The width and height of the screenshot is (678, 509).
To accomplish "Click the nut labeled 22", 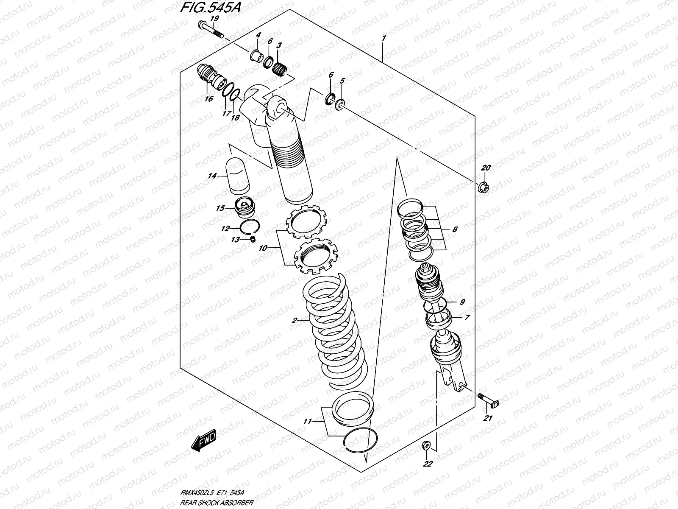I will click(427, 446).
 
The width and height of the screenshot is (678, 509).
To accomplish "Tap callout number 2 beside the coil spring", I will click(294, 321).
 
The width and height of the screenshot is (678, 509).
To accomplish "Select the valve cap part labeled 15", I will click(245, 207).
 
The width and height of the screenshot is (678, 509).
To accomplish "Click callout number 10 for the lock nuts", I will click(263, 248).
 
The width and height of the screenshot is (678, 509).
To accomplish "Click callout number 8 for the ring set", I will click(455, 229).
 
